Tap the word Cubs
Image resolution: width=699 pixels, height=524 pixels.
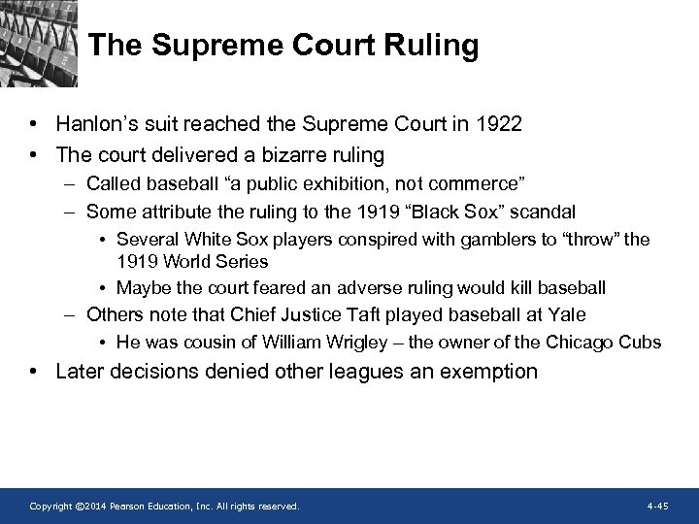point(642,342)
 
